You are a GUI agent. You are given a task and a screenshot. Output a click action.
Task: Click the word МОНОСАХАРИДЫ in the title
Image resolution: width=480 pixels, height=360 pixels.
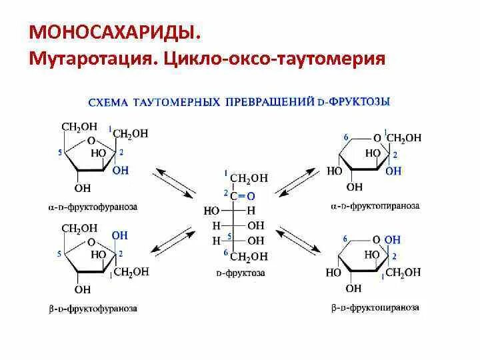[113, 33]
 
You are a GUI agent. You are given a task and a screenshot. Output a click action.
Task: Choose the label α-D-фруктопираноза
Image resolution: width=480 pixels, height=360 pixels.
[375, 206]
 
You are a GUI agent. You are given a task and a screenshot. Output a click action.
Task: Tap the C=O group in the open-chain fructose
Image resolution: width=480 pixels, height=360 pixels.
[245, 195]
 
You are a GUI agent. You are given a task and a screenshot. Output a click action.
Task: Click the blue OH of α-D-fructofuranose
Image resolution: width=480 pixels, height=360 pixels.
[121, 171]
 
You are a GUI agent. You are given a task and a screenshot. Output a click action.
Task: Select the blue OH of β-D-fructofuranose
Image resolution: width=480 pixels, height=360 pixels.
[119, 236]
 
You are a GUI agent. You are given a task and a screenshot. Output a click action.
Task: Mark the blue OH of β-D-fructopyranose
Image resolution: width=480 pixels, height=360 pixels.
[393, 239]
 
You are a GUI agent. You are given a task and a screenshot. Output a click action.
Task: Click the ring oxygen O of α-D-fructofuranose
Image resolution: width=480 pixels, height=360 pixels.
[92, 141]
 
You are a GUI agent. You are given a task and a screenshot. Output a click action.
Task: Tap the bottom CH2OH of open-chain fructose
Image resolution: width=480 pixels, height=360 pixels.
[249, 257]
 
